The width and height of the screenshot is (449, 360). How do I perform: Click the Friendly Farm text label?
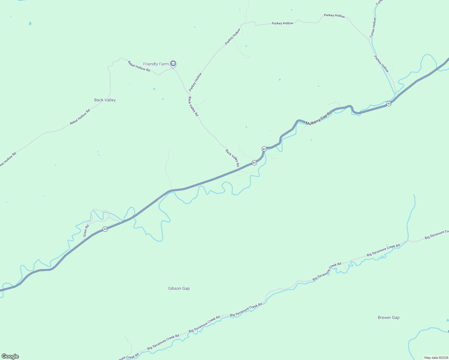(156, 64)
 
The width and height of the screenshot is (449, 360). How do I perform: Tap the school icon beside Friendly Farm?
(173, 64)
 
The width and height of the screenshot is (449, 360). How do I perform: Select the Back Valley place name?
(105, 100)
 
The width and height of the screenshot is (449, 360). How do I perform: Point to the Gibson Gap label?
(179, 288)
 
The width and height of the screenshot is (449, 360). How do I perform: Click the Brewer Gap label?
(388, 317)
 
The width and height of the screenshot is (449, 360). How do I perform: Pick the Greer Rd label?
(86, 231)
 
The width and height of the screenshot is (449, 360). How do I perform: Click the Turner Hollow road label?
(373, 28)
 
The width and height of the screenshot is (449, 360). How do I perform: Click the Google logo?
(10, 356)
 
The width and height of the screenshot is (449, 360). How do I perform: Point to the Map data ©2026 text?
(436, 358)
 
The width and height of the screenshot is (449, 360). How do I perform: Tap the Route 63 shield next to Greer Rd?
(105, 229)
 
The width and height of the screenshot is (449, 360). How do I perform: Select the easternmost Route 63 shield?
(389, 103)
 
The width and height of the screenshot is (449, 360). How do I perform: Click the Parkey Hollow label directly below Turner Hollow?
(381, 64)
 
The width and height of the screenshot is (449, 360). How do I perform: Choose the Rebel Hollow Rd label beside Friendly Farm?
(139, 66)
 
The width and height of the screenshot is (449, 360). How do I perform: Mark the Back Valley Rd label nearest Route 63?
(232, 158)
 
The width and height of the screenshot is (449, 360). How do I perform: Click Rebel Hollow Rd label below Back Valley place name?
(80, 117)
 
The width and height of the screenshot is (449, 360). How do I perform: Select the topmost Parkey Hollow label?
(334, 16)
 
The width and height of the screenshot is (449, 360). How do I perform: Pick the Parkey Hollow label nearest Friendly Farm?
(195, 82)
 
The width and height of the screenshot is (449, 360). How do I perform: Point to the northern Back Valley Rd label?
(193, 106)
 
